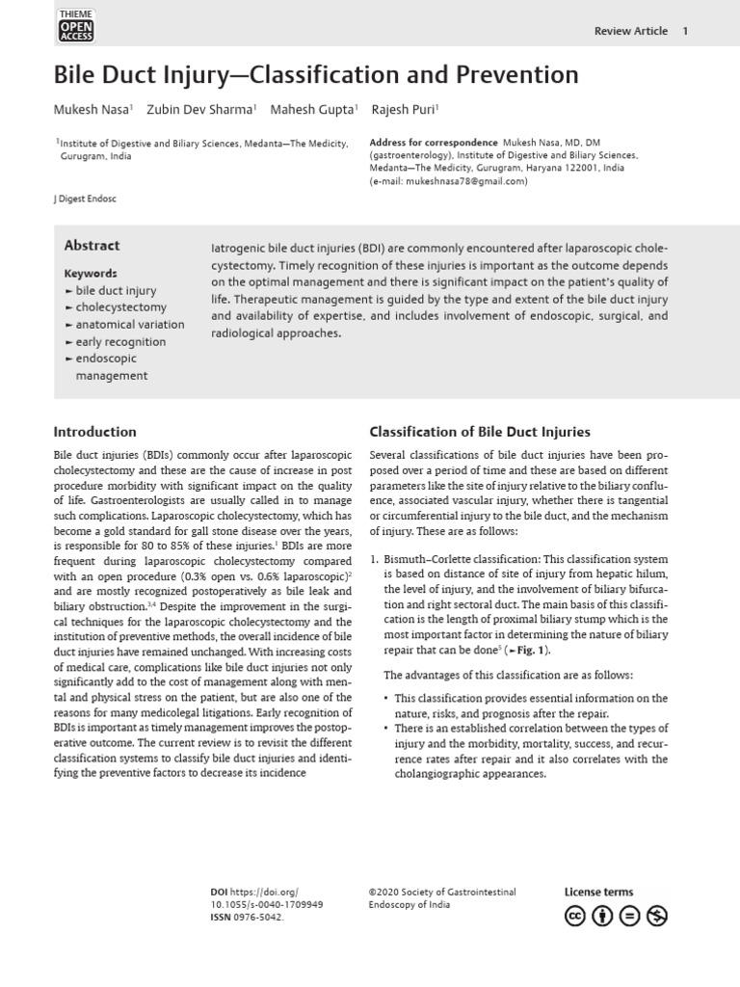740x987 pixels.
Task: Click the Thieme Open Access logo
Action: click(x=77, y=26)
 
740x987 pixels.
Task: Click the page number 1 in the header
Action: click(x=685, y=31)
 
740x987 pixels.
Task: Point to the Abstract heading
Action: click(x=92, y=246)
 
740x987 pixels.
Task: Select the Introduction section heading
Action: click(x=94, y=432)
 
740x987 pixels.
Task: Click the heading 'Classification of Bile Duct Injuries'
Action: click(x=480, y=432)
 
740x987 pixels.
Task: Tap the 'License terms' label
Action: click(x=598, y=893)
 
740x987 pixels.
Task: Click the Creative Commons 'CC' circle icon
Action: click(x=575, y=916)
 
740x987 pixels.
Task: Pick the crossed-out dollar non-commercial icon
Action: click(x=657, y=916)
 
